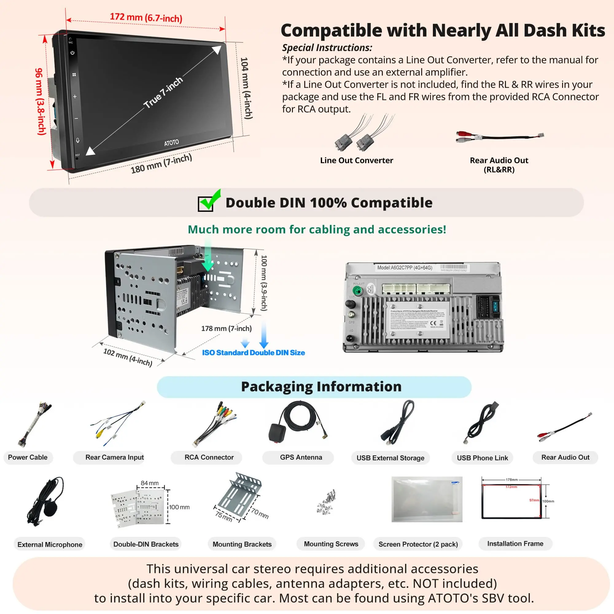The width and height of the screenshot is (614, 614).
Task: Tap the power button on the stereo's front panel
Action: (72, 53)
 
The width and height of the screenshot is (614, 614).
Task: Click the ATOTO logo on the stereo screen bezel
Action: (171, 143)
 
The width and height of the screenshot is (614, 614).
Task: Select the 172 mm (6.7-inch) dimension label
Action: (146, 17)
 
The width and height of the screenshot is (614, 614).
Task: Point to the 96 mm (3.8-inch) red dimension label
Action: (40, 101)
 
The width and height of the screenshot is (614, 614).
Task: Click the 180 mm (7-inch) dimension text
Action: (161, 164)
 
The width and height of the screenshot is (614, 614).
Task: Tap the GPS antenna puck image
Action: (278, 432)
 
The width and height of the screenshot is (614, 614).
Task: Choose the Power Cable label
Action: (28, 457)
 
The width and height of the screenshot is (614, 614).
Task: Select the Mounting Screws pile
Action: (327, 502)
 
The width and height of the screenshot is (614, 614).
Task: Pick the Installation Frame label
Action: (515, 544)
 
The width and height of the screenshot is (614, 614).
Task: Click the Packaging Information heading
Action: (321, 387)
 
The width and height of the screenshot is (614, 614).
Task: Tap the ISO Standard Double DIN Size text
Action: (253, 352)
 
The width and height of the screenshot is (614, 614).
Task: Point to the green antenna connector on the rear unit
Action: (358, 290)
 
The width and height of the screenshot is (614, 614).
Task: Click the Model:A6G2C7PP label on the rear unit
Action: (405, 268)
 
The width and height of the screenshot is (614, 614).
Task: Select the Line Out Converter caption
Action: (356, 161)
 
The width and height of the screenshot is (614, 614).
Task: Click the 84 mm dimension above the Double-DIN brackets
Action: (150, 483)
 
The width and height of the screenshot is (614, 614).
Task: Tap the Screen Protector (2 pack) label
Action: (418, 544)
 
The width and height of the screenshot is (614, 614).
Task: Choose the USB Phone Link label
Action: (482, 458)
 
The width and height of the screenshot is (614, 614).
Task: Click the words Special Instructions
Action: (327, 48)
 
